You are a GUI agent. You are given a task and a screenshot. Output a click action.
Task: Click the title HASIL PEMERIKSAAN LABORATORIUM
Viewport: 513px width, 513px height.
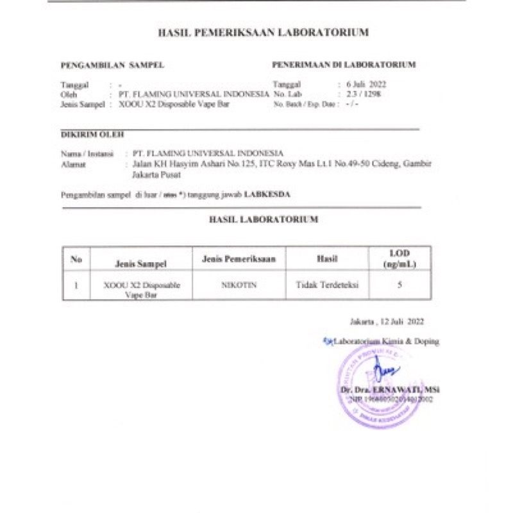(263, 32)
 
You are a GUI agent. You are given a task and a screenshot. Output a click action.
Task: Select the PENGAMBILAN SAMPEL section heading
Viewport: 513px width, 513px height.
(112, 65)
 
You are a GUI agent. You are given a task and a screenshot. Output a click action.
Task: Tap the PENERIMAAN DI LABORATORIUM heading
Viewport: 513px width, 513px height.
(344, 65)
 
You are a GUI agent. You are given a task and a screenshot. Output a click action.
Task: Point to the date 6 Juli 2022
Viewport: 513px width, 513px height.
(366, 85)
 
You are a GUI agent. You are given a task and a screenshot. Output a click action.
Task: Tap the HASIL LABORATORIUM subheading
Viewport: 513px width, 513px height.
(264, 219)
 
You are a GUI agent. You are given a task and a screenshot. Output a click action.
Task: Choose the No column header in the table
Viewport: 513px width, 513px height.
(76, 259)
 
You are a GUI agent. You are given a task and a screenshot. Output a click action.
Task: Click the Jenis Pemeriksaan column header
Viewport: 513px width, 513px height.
(239, 259)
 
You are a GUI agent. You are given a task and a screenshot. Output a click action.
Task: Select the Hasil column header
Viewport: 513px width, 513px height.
(327, 259)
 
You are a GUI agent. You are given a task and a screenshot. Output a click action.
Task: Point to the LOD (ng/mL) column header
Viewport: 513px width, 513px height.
(399, 259)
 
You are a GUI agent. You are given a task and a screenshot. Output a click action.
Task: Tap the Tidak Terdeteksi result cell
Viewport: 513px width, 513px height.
(327, 285)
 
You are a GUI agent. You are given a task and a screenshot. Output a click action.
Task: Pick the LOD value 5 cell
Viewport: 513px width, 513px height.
(399, 285)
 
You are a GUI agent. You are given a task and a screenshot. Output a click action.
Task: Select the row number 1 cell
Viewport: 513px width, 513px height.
(76, 286)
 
